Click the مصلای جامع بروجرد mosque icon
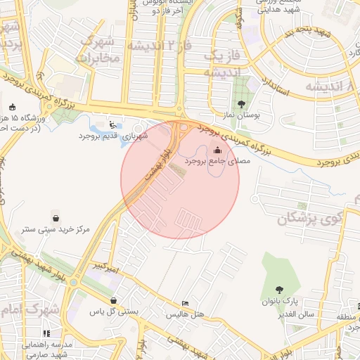click(217, 149)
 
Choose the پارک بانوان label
click(280, 302)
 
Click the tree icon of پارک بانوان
click(280, 290)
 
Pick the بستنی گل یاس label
click(112, 309)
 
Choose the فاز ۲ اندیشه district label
click(160, 46)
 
